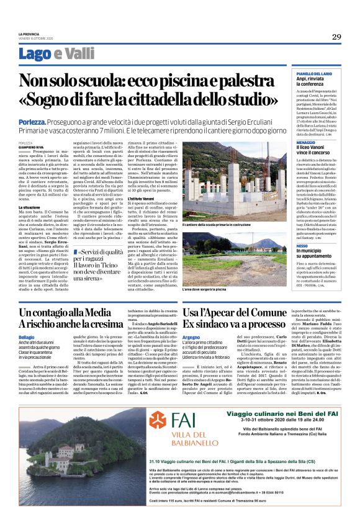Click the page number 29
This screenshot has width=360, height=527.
click(336, 37)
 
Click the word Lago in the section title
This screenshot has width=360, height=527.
click(51, 54)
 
